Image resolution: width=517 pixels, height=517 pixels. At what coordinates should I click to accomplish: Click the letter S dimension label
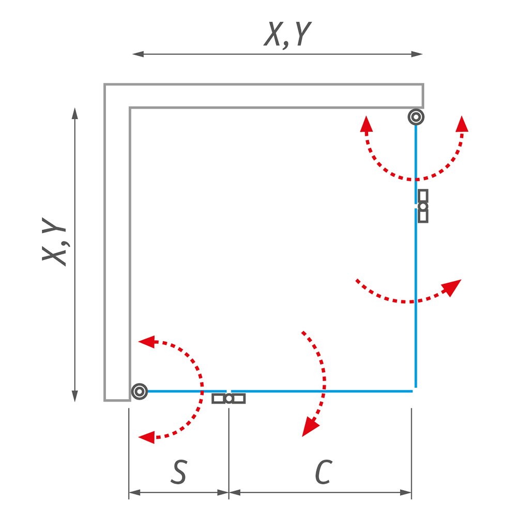pos(178,472)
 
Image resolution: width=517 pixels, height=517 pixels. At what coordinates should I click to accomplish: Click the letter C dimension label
pos(324,472)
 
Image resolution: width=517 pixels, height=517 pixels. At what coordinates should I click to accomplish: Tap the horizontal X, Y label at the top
pos(287,34)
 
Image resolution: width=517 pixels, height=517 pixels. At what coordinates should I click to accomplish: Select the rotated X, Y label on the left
pos(54,241)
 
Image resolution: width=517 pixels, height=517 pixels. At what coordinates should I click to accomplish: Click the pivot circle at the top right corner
pos(416,117)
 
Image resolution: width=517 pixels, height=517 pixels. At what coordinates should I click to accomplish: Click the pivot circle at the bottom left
pos(140,391)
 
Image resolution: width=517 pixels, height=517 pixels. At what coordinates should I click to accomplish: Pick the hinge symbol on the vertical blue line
pos(423,206)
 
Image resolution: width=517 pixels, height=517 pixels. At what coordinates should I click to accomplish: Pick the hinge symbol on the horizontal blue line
pos(229,399)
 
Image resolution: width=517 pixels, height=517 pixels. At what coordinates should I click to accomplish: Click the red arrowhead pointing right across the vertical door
pos(452,287)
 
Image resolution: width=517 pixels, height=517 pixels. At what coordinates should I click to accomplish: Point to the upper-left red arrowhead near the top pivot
pos(366,124)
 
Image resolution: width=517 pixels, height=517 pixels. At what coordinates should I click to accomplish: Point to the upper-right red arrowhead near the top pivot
pos(462,124)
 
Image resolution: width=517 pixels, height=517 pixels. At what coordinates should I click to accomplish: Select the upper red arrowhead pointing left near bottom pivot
pos(147,342)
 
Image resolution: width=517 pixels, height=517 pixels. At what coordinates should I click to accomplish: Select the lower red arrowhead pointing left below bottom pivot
pos(147,437)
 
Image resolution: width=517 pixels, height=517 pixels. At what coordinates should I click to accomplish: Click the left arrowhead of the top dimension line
pos(138,54)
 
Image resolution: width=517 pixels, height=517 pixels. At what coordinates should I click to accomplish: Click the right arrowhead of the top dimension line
pos(417,54)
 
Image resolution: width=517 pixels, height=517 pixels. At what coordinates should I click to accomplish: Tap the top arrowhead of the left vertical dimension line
pos(75,113)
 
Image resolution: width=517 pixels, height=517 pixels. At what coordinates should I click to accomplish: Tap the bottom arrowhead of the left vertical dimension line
pos(75,396)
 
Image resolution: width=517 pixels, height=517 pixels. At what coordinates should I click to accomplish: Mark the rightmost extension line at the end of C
pos(412,454)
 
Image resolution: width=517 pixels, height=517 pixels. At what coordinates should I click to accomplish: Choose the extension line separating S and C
pos(229,454)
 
